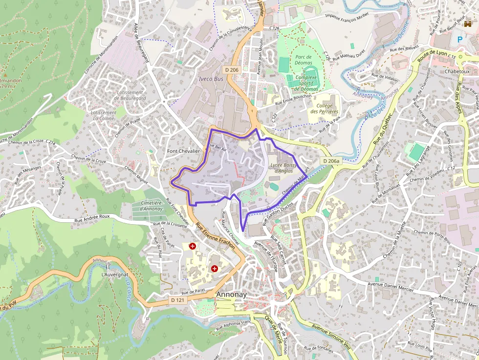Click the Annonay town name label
pyautogui.click(x=232, y=295)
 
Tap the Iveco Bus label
pyautogui.click(x=211, y=78)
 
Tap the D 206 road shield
pyautogui.click(x=232, y=70)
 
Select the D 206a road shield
pyautogui.click(x=330, y=161)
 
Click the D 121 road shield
pyautogui.click(x=177, y=299)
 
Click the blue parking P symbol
pyautogui.click(x=459, y=39)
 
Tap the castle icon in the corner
pyautogui.click(x=468, y=23)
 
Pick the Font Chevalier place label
pyautogui.click(x=184, y=151)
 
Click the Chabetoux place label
pyautogui.click(x=457, y=71)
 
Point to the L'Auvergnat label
pyautogui.click(x=111, y=275)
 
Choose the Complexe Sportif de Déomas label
pyautogui.click(x=306, y=83)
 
